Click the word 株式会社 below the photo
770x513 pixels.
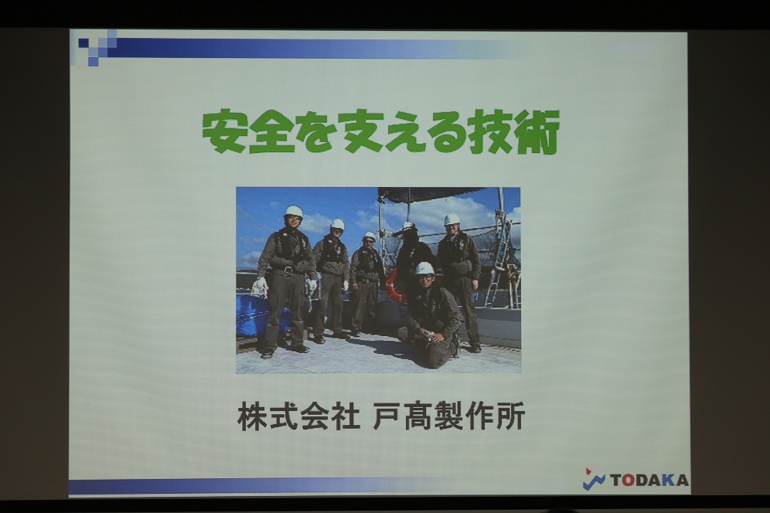[x=298, y=416]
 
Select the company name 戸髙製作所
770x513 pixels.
[x=449, y=416]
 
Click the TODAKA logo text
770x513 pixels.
[x=649, y=480]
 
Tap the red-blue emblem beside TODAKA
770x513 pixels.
[x=594, y=479]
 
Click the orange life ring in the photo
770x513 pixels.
[x=394, y=285]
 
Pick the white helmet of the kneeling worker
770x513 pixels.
[x=424, y=268]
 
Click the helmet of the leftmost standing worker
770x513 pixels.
[x=293, y=211]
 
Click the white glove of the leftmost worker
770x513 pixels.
[x=261, y=285]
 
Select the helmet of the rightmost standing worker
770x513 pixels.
[x=451, y=219]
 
